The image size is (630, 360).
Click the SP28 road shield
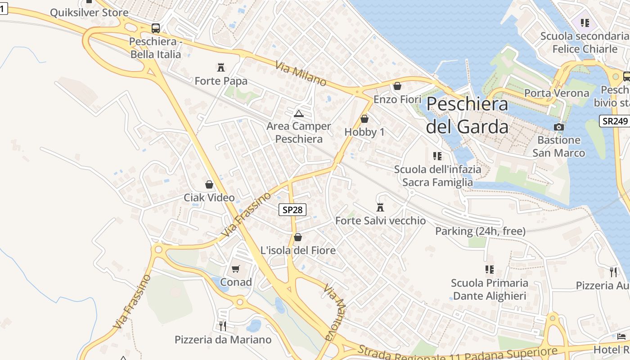tap(292, 209)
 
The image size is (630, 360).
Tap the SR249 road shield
tap(614, 121)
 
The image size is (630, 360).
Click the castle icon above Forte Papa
tap(221, 67)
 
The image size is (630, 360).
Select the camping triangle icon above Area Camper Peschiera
tap(299, 113)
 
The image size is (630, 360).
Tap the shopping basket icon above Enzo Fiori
tap(397, 85)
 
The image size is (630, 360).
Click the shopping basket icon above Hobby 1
tap(364, 119)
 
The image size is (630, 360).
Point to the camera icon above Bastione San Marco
tap(559, 127)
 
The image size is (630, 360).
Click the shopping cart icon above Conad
tap(236, 269)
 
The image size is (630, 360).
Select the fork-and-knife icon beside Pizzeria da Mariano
tap(223, 326)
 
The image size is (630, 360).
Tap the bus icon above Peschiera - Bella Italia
tap(156, 28)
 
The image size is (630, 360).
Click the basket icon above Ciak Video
tap(209, 184)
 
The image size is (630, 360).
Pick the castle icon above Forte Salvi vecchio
tap(380, 207)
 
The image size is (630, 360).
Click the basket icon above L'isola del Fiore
tap(298, 237)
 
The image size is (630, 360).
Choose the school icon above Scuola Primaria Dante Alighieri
tap(490, 270)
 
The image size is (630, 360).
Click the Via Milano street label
tap(301, 75)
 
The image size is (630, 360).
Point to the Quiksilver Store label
tap(89, 13)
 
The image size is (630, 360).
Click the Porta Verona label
tap(557, 93)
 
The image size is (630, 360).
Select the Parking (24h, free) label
tap(480, 231)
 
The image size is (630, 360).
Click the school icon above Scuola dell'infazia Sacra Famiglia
tap(437, 156)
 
